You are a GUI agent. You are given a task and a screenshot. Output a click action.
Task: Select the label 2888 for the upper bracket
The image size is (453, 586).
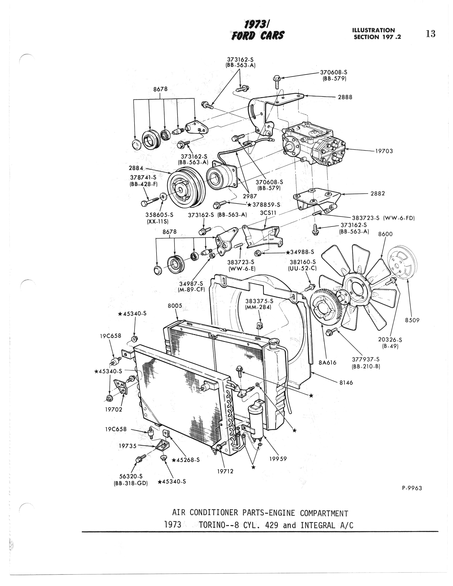[345, 97]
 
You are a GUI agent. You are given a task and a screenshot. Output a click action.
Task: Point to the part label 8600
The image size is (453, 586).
[385, 234]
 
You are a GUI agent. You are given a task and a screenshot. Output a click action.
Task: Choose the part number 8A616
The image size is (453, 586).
[327, 362]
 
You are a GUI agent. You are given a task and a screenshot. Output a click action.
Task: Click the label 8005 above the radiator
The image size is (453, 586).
[175, 306]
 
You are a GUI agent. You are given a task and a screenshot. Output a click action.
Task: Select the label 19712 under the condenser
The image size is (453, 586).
[225, 471]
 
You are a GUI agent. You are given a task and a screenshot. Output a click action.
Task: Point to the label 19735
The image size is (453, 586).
[127, 446]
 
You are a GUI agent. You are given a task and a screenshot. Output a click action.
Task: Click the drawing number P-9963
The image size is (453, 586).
[412, 488]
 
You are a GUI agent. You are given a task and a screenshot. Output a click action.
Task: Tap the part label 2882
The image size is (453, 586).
[378, 193]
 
